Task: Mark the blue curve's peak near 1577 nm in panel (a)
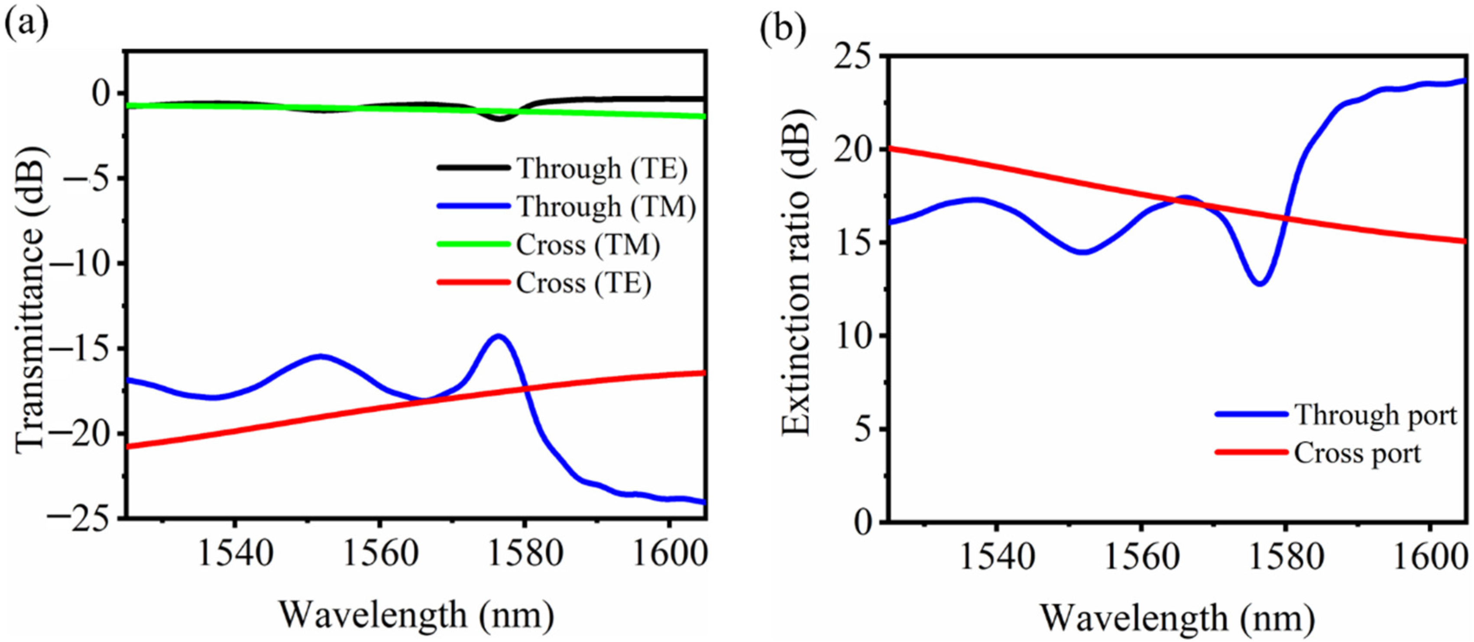[x=499, y=337]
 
